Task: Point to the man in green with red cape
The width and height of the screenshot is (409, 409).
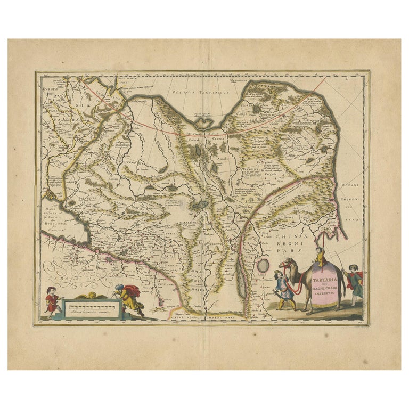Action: pos(355,281)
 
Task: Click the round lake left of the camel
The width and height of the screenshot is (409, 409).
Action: pos(263,265)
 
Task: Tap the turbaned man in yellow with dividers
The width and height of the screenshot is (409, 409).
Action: pos(129,299)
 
